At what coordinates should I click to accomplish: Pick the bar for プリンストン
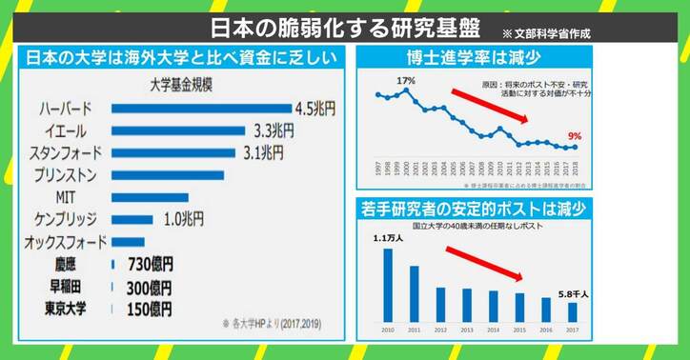[x=168, y=174]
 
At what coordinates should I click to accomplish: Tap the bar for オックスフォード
[x=129, y=242]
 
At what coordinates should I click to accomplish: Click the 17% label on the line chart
[x=407, y=81]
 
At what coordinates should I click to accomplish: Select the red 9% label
[x=574, y=136]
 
